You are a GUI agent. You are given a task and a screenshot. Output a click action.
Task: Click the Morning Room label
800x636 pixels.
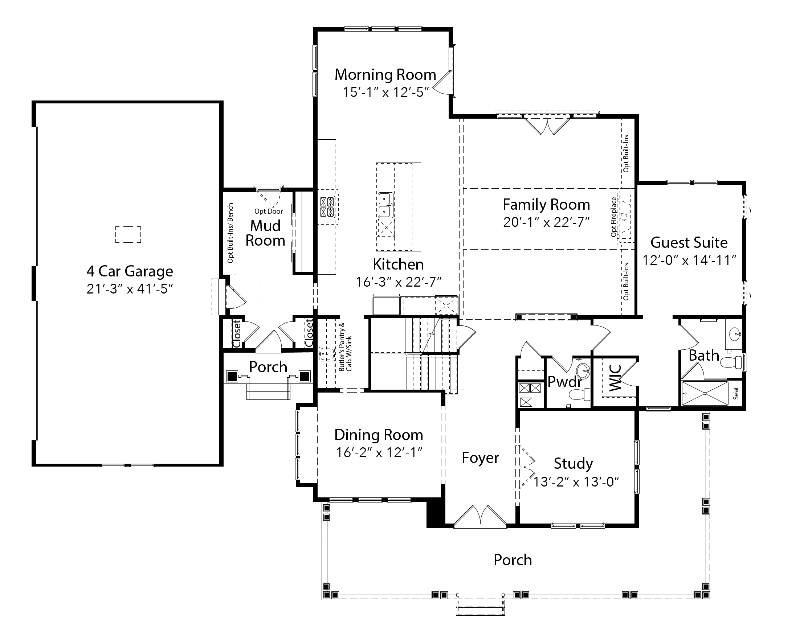[x=385, y=74]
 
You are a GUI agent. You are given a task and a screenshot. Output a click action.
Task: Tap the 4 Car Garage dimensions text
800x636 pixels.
[x=130, y=288]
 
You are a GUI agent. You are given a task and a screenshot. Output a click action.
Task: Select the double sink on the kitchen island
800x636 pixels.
[x=385, y=205]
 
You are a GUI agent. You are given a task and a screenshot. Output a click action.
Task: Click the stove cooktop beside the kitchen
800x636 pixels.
[x=327, y=207]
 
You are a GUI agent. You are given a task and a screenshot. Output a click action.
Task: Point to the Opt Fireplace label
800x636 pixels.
[x=614, y=217]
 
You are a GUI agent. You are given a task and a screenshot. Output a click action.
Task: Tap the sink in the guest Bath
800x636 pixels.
[x=735, y=335]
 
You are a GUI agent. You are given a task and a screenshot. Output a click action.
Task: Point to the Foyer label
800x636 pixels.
[x=480, y=457]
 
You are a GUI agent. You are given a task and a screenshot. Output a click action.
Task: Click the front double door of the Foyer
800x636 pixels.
[x=480, y=516]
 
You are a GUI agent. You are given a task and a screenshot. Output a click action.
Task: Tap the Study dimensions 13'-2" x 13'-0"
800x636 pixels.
[x=576, y=482]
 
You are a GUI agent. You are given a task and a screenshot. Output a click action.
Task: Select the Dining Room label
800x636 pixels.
[x=379, y=435]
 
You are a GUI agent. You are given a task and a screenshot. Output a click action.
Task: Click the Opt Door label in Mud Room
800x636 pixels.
[x=268, y=212]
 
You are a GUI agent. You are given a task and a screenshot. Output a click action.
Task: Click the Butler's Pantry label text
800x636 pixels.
[x=345, y=347]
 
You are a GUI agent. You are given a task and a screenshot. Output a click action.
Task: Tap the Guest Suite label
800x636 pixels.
[x=689, y=242]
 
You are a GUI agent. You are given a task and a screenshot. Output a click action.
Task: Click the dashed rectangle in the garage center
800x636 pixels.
[x=128, y=234]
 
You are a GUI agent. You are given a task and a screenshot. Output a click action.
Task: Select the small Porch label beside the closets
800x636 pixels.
[x=268, y=367]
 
